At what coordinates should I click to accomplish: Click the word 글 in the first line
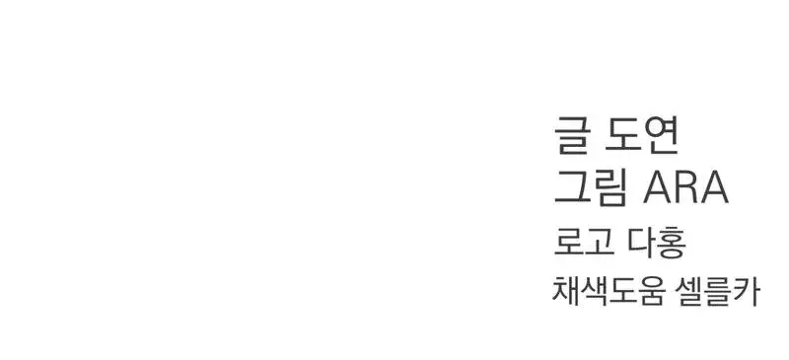(x=571, y=134)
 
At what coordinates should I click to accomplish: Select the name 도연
(x=642, y=134)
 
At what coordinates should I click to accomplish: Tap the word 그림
(x=591, y=187)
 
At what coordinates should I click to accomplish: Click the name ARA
(x=685, y=187)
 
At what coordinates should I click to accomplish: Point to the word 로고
(x=583, y=243)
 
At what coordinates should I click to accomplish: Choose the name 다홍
(x=657, y=243)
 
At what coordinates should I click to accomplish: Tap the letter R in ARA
(x=685, y=187)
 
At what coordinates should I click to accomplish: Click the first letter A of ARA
(x=657, y=187)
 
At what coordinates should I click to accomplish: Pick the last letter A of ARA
(x=714, y=187)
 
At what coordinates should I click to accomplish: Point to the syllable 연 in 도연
(x=661, y=134)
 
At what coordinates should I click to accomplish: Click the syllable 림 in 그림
(x=610, y=187)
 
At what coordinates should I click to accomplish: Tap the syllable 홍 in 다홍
(x=672, y=244)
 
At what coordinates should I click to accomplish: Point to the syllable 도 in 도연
(x=621, y=134)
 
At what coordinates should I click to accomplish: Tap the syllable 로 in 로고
(x=568, y=243)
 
